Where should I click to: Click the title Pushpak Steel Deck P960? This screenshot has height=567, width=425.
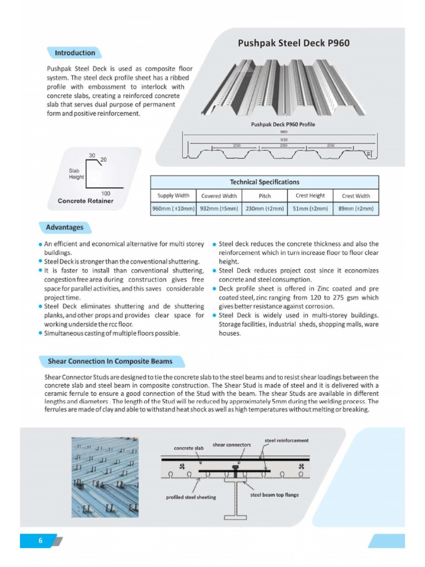(293, 43)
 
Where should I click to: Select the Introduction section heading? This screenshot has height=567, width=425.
(75, 53)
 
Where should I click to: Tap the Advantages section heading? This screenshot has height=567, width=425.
(65, 227)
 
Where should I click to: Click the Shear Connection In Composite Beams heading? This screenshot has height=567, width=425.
(110, 362)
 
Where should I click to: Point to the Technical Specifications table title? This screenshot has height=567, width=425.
(264, 182)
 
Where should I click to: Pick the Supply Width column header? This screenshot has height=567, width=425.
(173, 195)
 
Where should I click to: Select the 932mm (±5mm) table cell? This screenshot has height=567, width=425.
(219, 209)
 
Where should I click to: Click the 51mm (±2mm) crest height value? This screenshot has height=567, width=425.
(310, 209)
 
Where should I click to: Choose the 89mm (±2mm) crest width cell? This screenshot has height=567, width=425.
(356, 209)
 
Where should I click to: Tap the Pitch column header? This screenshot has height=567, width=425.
(265, 195)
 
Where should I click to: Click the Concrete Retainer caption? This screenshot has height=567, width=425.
(85, 201)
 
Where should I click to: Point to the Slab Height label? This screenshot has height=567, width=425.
(76, 174)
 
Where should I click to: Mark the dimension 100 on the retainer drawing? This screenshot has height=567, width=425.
(106, 193)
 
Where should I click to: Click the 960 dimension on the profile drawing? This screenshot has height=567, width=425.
(283, 132)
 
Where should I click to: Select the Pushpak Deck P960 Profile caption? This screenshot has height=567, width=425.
(283, 125)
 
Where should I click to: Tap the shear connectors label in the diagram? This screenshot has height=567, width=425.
(231, 445)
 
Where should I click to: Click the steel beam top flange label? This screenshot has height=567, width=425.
(274, 494)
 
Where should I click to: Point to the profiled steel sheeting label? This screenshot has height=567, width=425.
(191, 497)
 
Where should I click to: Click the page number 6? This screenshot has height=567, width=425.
(40, 541)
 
